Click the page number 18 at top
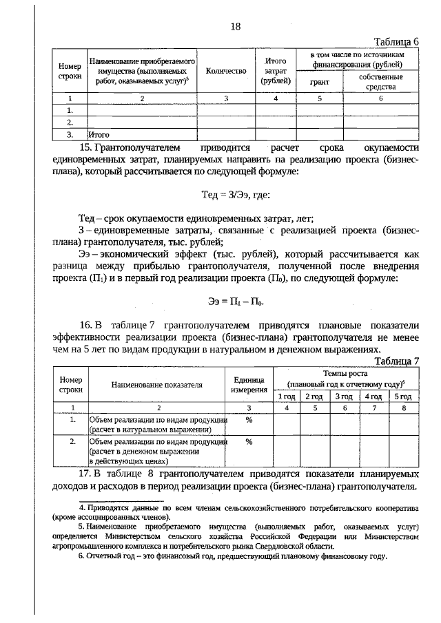[236, 26]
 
